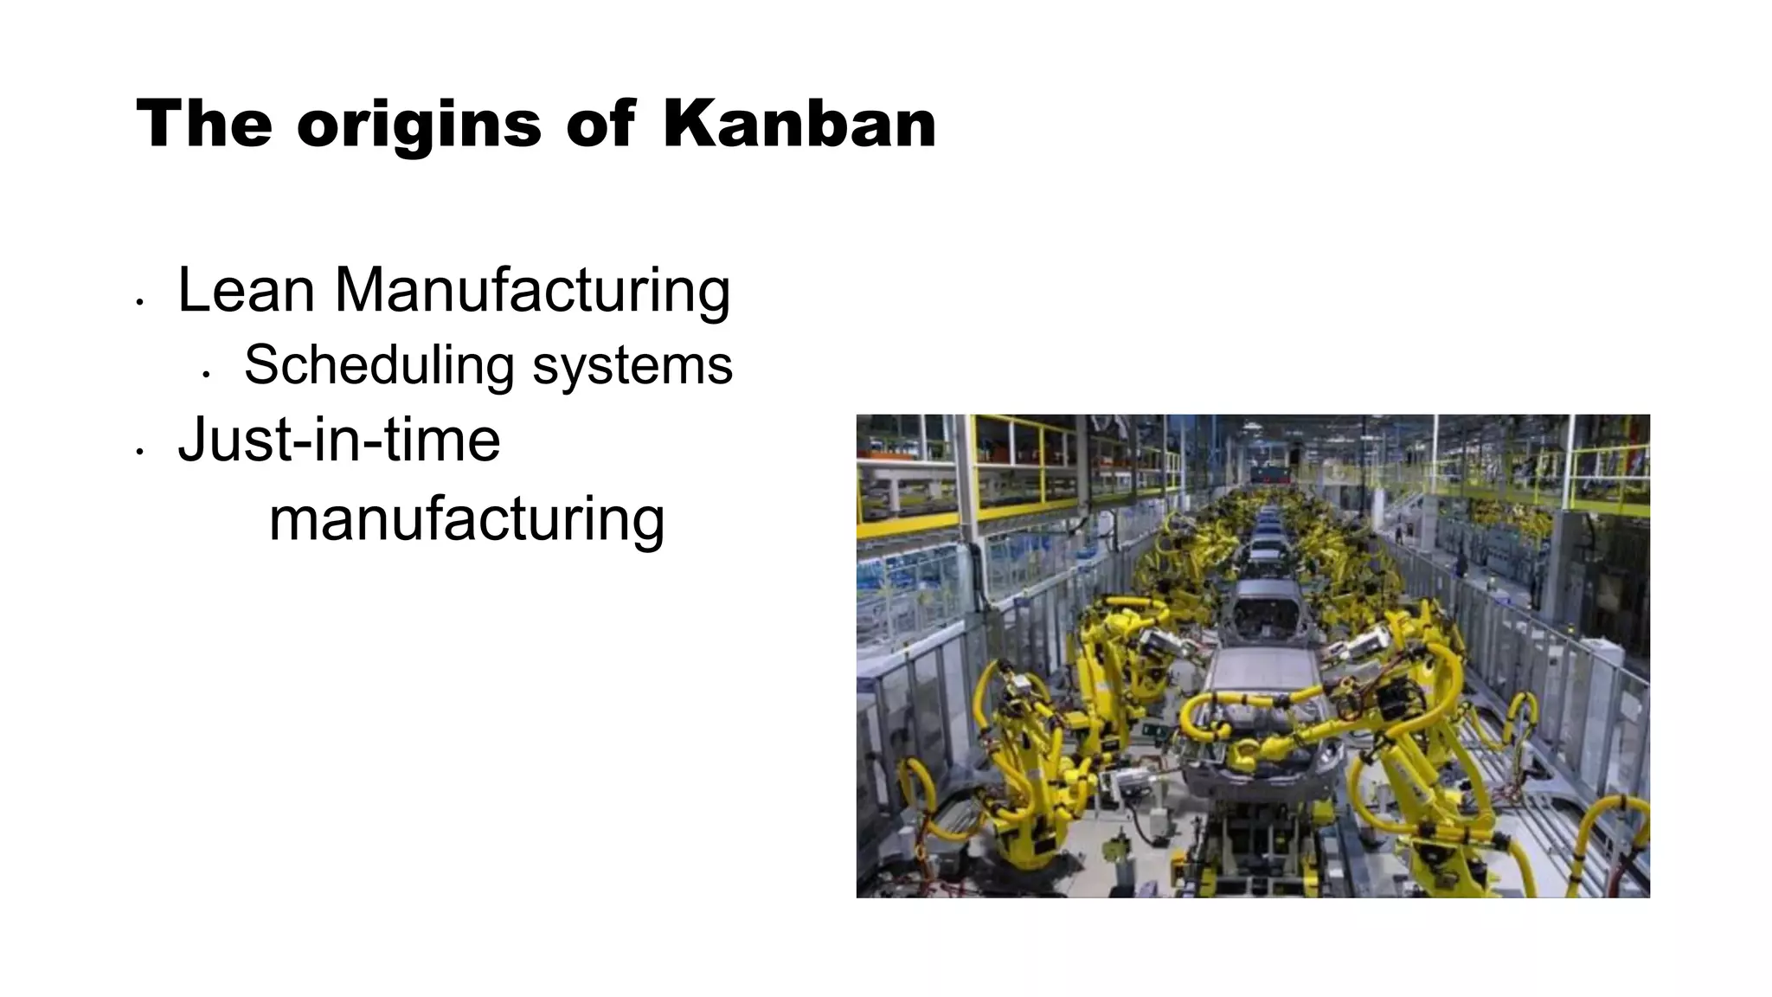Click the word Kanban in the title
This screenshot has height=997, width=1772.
(799, 124)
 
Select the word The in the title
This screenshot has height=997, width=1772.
(204, 124)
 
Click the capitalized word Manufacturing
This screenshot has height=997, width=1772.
(532, 291)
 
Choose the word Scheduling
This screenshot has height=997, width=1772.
(379, 365)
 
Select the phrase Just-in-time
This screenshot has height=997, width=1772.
(339, 440)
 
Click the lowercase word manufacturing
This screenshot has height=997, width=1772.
(466, 519)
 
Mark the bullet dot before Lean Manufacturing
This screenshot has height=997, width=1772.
(139, 302)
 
